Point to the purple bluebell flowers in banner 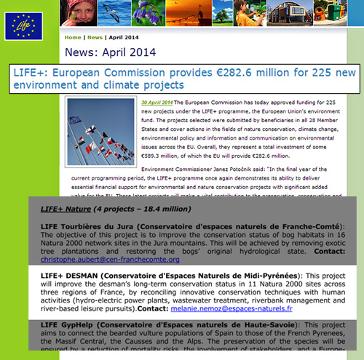pyautogui.click(x=161, y=14)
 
